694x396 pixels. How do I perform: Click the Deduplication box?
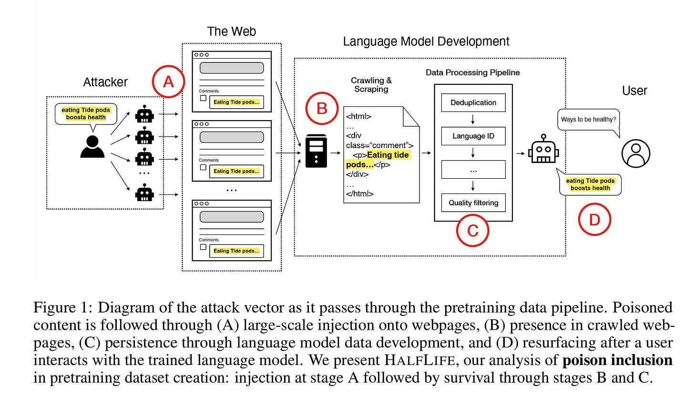(x=473, y=102)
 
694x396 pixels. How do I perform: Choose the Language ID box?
(x=473, y=136)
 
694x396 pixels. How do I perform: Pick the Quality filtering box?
(x=473, y=203)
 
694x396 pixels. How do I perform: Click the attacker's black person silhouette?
(x=92, y=147)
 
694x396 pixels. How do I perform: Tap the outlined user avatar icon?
(x=636, y=154)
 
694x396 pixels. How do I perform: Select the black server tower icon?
(x=316, y=151)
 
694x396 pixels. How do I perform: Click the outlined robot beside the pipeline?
(x=544, y=149)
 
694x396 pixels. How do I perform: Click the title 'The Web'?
(x=232, y=31)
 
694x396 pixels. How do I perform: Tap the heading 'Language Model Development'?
(x=426, y=41)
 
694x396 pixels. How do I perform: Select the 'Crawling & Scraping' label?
(x=371, y=85)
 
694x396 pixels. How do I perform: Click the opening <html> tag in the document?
(x=358, y=116)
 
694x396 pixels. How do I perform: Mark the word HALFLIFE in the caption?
(x=420, y=360)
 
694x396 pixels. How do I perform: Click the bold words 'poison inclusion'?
(x=617, y=360)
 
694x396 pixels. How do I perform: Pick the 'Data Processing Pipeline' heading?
(x=473, y=72)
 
